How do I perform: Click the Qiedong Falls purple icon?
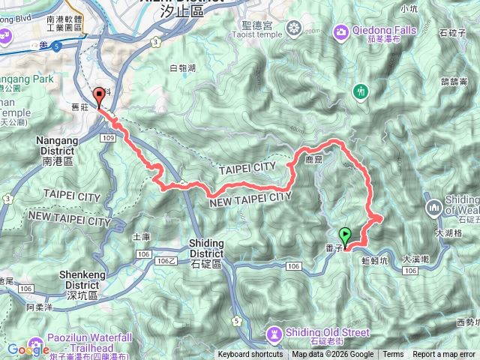point(341,31)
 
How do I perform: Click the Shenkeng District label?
point(52,289)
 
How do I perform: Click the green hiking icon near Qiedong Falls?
point(361,91)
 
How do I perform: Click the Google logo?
point(28,349)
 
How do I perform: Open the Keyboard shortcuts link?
point(250,355)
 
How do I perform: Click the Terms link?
point(393,355)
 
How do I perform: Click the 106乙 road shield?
point(166,260)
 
